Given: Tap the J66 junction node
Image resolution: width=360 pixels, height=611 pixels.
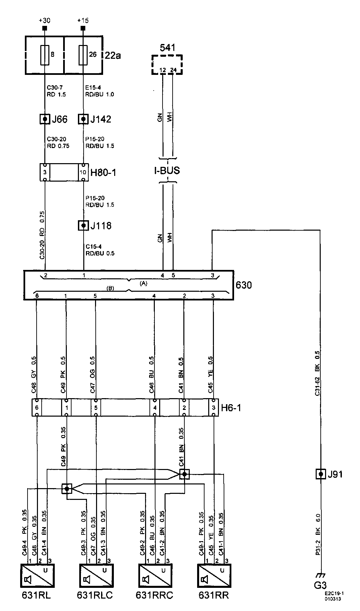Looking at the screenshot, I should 45,119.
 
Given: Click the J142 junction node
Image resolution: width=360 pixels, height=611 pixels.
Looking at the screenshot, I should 83,119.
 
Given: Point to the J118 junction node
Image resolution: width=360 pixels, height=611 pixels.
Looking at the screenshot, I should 83,225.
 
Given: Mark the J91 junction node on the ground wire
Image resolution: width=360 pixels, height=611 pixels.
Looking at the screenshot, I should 321,474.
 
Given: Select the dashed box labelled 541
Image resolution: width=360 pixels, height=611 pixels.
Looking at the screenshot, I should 167,64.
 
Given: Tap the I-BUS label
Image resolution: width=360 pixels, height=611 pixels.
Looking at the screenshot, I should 167,171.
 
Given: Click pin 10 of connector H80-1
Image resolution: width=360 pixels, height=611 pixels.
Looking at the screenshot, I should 83,173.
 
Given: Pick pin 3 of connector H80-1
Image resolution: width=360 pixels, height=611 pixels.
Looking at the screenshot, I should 45,173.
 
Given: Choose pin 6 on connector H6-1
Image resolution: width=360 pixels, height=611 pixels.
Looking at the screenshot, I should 37,408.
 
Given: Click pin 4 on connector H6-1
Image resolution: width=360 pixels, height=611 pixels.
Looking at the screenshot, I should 154,408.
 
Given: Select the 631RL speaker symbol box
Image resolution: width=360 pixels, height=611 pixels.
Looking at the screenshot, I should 37,576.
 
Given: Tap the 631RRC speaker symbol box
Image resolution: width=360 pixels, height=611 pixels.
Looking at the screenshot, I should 155,576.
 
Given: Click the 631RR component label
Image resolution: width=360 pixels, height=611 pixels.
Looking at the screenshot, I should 214,596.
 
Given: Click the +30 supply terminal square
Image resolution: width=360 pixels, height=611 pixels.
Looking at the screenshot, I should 45,29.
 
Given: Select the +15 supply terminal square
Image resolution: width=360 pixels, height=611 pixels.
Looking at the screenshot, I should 83,29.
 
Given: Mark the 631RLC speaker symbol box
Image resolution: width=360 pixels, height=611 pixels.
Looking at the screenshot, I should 96,576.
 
